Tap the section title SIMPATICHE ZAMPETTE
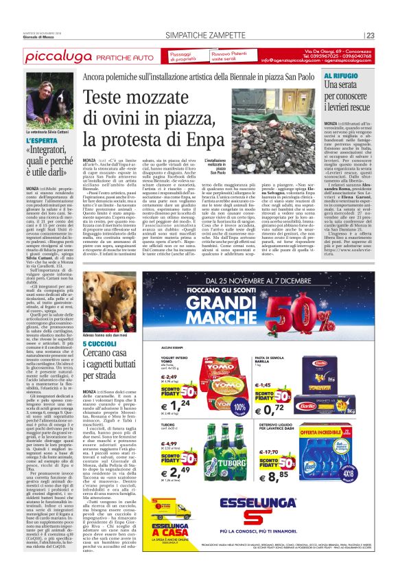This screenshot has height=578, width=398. [199, 36]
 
